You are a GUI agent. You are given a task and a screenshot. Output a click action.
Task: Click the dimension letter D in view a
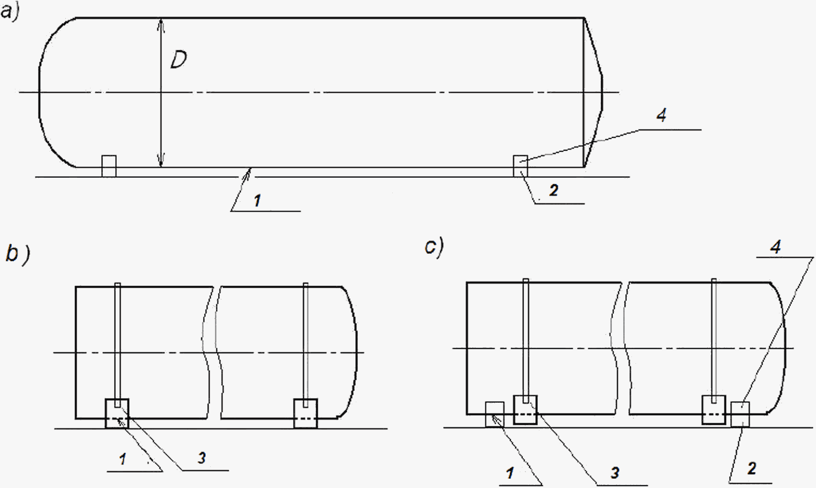(178, 60)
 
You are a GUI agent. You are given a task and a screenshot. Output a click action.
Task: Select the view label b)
(18, 254)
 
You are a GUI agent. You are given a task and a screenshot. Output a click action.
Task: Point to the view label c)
(434, 247)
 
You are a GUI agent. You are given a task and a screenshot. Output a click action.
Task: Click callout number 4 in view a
(662, 116)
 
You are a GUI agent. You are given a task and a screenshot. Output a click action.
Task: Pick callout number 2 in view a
(554, 191)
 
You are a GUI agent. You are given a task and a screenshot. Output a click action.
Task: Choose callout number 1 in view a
(258, 200)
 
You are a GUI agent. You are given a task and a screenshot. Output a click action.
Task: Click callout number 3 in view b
(202, 458)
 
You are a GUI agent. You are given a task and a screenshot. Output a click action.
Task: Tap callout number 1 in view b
(123, 459)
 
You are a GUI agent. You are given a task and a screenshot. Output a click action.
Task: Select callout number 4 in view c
(775, 247)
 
